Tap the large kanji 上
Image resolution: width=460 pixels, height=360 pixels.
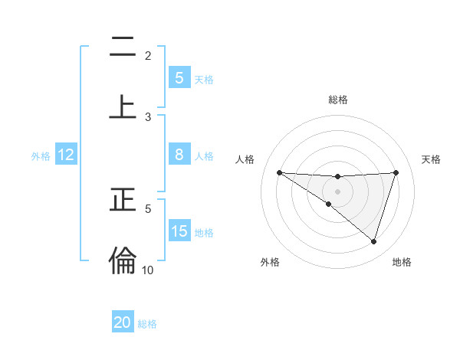[x=123, y=106]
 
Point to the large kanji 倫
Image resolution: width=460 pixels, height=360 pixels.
[x=123, y=260]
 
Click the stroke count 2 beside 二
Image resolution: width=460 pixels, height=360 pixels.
[x=148, y=56]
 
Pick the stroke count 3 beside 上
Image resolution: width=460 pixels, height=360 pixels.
[x=148, y=116]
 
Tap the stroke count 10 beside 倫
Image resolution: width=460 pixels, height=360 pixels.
[x=148, y=270]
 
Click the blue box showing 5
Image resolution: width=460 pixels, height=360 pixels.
[x=179, y=78]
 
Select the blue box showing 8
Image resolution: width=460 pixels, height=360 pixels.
[x=179, y=155]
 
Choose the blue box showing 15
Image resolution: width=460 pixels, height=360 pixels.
[x=179, y=231]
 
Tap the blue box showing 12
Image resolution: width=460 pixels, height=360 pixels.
[x=65, y=155]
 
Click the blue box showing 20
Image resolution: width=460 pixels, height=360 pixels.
[x=123, y=322]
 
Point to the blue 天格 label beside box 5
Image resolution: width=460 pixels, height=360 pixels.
[x=204, y=79]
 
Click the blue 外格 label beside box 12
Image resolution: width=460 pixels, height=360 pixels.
[x=41, y=155]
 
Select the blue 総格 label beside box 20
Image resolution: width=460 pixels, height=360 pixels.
[x=147, y=324]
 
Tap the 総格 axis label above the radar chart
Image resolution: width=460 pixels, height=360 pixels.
[x=337, y=100]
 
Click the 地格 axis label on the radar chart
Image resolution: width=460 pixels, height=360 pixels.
[x=402, y=262]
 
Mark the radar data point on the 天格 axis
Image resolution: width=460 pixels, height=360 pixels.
[x=396, y=172]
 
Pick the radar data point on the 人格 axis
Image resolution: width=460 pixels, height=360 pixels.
[x=279, y=172]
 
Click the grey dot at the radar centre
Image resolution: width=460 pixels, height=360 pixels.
[x=337, y=191]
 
